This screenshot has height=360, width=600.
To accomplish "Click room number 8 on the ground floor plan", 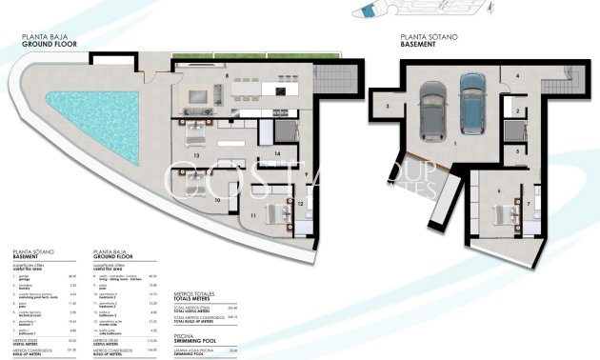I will point(227,74).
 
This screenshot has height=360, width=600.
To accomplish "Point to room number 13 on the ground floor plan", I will point(196,153).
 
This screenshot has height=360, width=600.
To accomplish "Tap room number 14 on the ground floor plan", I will point(276,152).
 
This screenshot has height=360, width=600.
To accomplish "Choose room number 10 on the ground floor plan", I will point(217,200).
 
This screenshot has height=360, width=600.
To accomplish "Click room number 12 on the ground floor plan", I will point(300,203).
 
